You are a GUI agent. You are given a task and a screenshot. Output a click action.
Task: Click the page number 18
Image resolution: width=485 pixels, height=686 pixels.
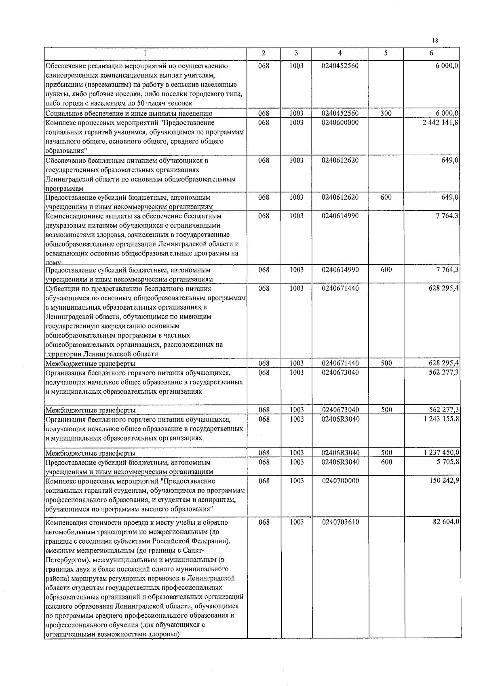tap(435, 40)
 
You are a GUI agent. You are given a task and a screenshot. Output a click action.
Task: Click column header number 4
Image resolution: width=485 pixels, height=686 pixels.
tap(340, 53)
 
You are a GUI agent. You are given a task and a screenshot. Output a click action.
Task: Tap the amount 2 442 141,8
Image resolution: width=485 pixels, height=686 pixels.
tap(441, 122)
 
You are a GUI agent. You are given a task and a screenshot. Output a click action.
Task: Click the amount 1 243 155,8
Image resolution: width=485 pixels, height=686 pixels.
tap(441, 419)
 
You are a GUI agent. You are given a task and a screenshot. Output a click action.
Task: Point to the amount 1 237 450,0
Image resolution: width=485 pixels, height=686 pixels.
tap(441, 453)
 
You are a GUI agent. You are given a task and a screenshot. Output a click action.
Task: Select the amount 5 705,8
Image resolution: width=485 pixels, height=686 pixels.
tap(447, 462)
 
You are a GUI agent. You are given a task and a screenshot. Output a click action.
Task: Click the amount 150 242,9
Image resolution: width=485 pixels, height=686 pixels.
tap(444, 481)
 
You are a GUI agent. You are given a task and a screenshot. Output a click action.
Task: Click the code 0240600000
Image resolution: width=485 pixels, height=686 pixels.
tap(340, 122)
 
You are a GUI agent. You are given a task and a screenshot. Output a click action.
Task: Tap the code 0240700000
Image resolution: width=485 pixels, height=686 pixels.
tap(340, 481)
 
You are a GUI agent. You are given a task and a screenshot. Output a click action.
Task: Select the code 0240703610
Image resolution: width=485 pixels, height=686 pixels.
tap(340, 522)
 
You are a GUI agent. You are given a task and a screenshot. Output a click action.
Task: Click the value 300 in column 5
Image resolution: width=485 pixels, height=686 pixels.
tap(386, 113)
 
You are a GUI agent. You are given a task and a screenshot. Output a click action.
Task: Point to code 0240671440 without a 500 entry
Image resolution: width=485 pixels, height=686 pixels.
tap(340, 288)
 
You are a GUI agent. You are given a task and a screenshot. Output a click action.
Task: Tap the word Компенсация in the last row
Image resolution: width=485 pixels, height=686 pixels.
tap(66, 522)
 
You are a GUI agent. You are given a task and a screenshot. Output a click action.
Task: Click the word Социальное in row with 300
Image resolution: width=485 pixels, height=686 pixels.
tap(64, 114)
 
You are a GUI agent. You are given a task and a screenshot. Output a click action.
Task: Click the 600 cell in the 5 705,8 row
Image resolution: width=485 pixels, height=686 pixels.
tap(386, 462)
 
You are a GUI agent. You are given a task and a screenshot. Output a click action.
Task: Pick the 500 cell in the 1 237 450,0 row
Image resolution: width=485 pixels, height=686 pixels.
tap(386, 453)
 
